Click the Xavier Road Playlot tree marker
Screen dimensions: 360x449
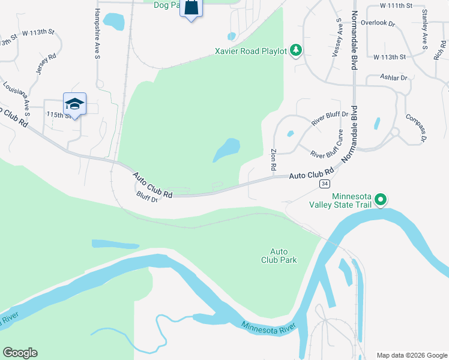295,50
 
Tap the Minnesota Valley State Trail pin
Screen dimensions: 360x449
381,200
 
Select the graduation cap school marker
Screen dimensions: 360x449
74,104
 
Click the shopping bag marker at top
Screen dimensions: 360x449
191,7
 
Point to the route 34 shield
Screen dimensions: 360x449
324,183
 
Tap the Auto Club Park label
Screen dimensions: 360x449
279,256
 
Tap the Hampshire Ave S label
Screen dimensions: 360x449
97,34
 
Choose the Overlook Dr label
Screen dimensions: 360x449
383,24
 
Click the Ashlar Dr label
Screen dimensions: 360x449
394,77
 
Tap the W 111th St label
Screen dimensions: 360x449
397,5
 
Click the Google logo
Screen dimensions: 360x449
20,353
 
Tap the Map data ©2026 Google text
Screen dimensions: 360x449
411,355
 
